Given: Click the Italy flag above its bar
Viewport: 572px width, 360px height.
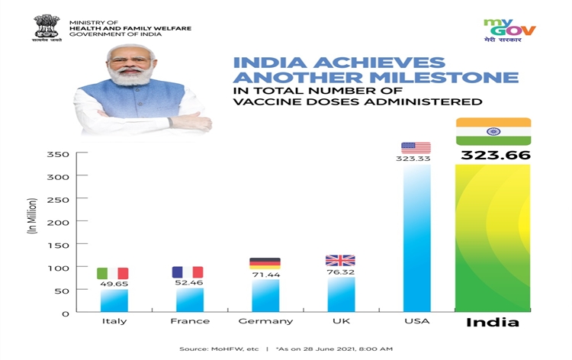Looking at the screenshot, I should [113, 273].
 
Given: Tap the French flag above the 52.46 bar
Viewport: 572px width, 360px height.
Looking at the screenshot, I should [188, 272].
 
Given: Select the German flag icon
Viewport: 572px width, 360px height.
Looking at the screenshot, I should [265, 263].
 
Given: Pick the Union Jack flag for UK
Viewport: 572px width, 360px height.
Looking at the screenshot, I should [340, 260].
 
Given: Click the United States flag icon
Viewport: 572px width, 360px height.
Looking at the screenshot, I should [416, 147].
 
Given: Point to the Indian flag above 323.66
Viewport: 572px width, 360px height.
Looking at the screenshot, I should [493, 131].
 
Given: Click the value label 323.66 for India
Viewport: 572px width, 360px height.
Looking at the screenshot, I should [495, 156].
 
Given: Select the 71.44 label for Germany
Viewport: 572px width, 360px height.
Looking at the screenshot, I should [265, 274].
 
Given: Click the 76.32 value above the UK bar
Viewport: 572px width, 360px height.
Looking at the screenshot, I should [340, 270].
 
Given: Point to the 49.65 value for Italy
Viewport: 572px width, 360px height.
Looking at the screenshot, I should [113, 284].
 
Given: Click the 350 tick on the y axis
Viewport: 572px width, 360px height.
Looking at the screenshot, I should [62, 155].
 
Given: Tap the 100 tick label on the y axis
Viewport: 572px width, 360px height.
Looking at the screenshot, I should [62, 268].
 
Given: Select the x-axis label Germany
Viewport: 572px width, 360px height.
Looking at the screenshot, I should [265, 321].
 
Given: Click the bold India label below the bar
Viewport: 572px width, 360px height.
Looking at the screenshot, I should [493, 322].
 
